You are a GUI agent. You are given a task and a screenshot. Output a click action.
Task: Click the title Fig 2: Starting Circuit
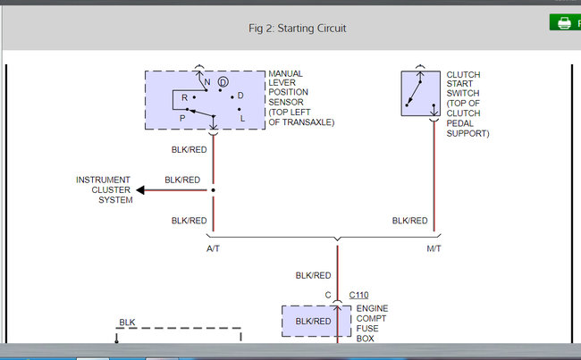297,28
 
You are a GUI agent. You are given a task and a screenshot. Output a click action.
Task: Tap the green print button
565,23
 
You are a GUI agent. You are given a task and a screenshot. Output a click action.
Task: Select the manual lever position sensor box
205,100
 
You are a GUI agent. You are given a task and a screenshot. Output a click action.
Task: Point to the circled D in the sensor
223,83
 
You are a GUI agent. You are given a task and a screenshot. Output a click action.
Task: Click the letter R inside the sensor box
184,97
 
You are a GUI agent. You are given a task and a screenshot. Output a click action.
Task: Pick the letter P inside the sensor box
182,117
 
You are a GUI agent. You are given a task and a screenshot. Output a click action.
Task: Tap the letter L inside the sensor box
242,118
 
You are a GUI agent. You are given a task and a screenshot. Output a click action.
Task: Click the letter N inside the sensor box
207,82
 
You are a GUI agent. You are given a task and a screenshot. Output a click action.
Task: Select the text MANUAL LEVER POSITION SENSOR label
301,98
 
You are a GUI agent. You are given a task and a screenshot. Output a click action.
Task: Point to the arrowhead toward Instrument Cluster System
141,189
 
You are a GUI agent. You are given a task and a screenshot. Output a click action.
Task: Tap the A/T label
213,248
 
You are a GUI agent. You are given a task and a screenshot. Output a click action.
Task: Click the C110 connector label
358,294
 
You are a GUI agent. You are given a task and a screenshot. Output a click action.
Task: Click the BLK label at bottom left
127,322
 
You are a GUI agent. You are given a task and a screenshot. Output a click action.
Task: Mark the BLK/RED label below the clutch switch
409,221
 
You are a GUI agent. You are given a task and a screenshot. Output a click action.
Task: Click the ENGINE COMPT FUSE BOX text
372,323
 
